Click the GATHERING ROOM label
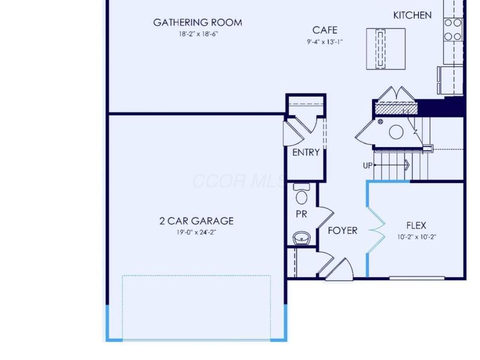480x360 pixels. coord(197,23)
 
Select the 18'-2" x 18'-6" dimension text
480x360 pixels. coord(197,34)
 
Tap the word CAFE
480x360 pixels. coord(325,30)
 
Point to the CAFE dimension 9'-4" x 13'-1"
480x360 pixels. coord(325,41)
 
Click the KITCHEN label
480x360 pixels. coord(412,15)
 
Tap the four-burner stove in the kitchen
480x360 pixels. coord(453,29)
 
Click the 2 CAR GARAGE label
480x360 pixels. coord(197,221)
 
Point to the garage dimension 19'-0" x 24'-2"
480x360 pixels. coord(197,232)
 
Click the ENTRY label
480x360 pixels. coord(305,152)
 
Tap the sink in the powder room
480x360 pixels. coord(302,238)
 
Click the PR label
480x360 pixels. coord(301,214)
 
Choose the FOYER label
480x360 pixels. coord(343,230)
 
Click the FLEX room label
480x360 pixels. coord(416,226)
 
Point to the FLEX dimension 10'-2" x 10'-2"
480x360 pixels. coord(416,236)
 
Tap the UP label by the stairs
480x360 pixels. coord(367,165)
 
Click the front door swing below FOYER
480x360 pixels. coord(344,268)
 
